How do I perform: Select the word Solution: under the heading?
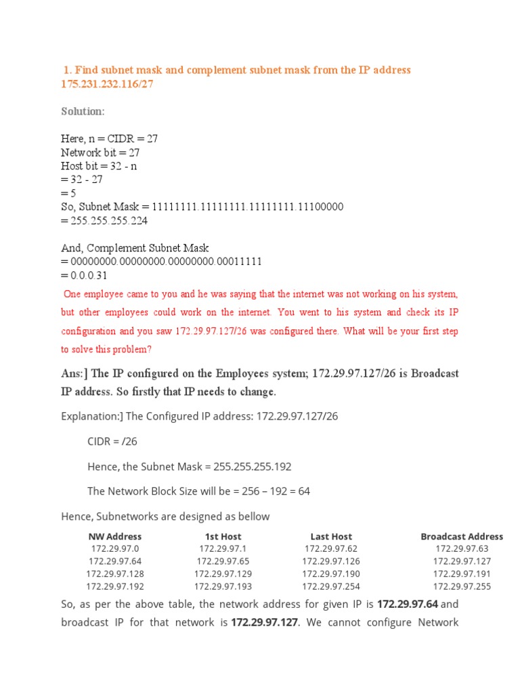(83, 111)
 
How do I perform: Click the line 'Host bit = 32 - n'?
(99, 166)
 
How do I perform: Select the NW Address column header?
(115, 536)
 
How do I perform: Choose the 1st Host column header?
(223, 536)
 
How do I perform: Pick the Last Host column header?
(331, 536)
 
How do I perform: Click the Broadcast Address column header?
(462, 536)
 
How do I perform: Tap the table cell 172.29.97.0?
(115, 548)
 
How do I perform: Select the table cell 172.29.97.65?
(223, 561)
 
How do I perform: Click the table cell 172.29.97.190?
(331, 574)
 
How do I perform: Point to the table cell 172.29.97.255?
(462, 586)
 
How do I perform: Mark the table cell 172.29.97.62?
(331, 548)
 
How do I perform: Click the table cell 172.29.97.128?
(115, 574)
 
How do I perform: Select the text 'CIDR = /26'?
(112, 441)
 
